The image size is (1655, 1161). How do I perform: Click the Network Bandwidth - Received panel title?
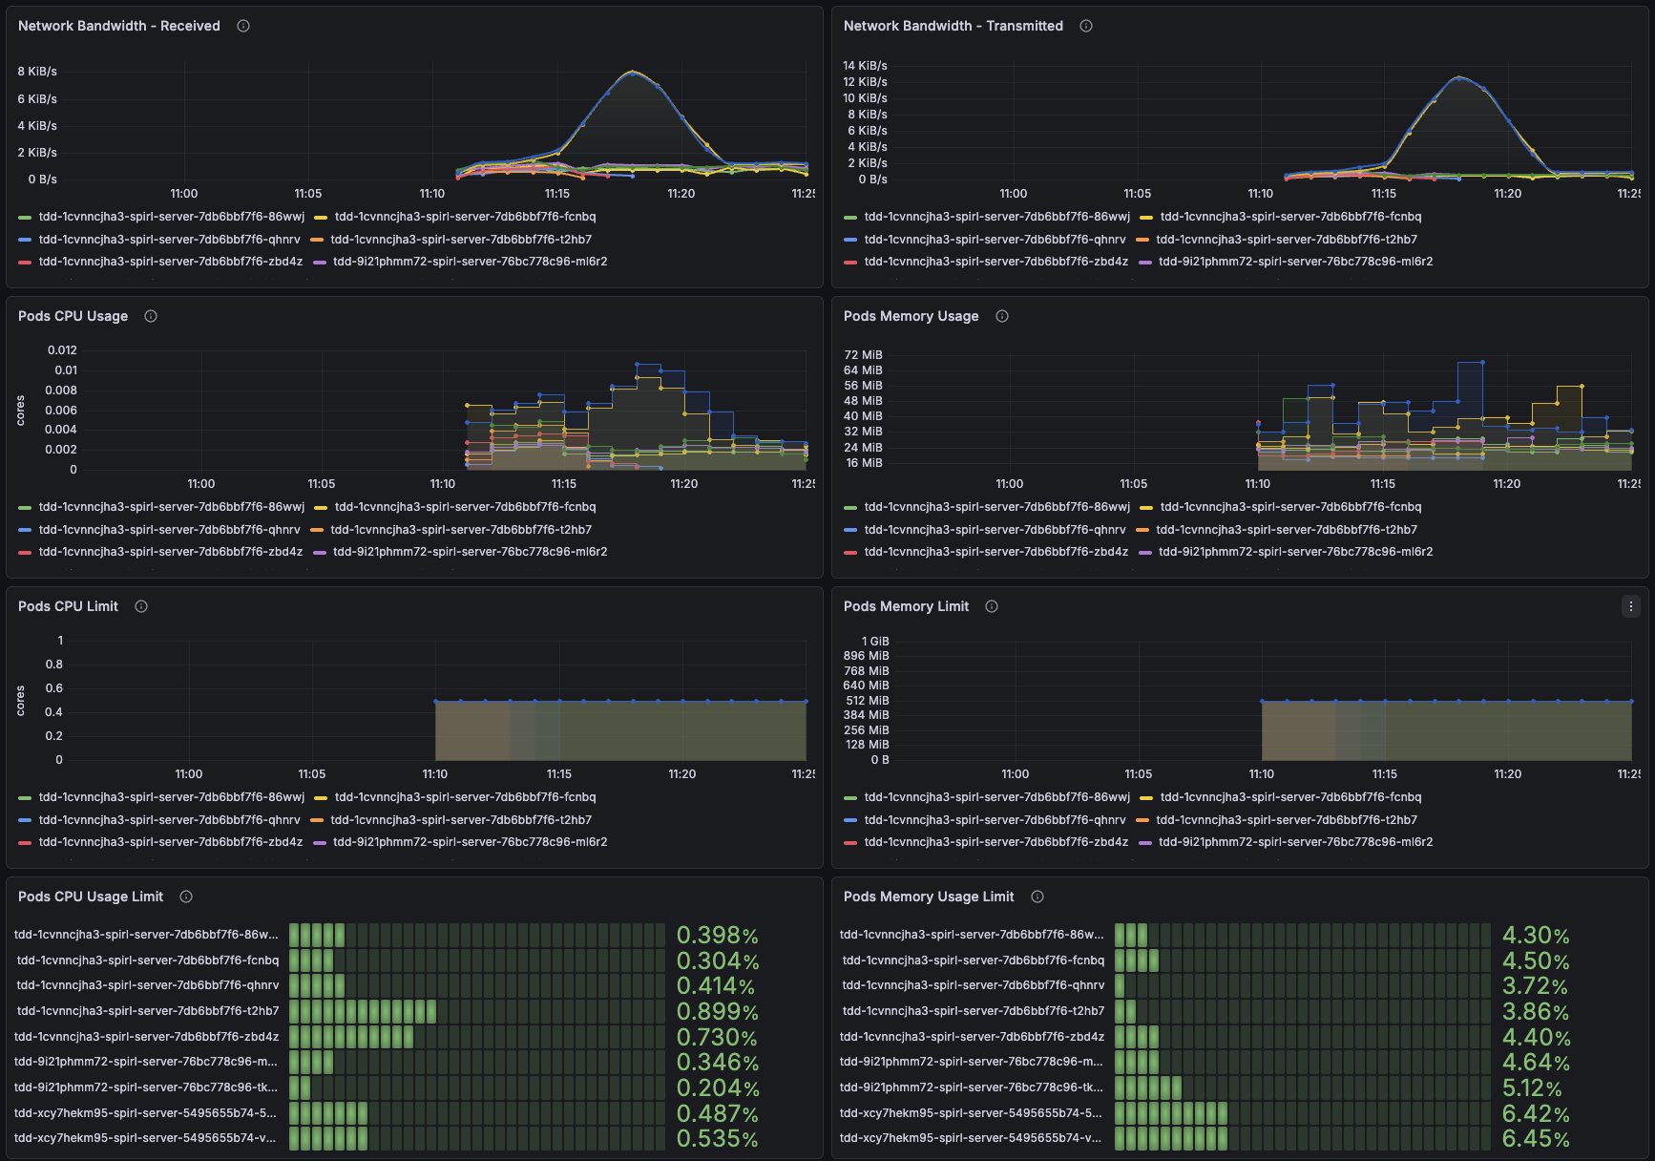point(118,26)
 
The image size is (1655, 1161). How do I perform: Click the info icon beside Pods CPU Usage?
point(151,316)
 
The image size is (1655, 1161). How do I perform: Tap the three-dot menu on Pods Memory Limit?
point(1630,606)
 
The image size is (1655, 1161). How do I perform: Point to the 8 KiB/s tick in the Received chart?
point(37,72)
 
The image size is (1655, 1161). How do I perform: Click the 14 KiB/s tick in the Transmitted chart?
point(865,66)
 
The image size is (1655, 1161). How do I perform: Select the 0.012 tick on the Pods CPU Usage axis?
point(62,350)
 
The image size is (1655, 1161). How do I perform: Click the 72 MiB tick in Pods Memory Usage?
point(863,355)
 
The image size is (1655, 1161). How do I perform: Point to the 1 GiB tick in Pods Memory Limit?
point(874,642)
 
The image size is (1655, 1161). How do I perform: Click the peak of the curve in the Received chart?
point(633,72)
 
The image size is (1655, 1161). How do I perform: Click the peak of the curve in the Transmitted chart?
point(1458,77)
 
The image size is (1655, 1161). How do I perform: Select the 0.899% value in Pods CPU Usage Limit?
point(717,1011)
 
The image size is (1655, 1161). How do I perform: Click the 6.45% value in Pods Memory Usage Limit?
point(1535,1138)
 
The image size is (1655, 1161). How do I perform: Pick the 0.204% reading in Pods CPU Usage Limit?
point(717,1087)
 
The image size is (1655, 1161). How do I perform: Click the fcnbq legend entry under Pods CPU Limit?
point(465,797)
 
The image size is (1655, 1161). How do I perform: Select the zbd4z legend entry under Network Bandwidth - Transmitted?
point(995,262)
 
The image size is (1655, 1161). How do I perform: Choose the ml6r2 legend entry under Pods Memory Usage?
point(1295,552)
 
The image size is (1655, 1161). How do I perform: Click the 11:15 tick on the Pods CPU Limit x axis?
point(559,774)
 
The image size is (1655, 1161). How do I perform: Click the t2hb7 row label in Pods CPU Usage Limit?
point(148,1011)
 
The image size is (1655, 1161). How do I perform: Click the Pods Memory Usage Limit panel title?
point(928,897)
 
